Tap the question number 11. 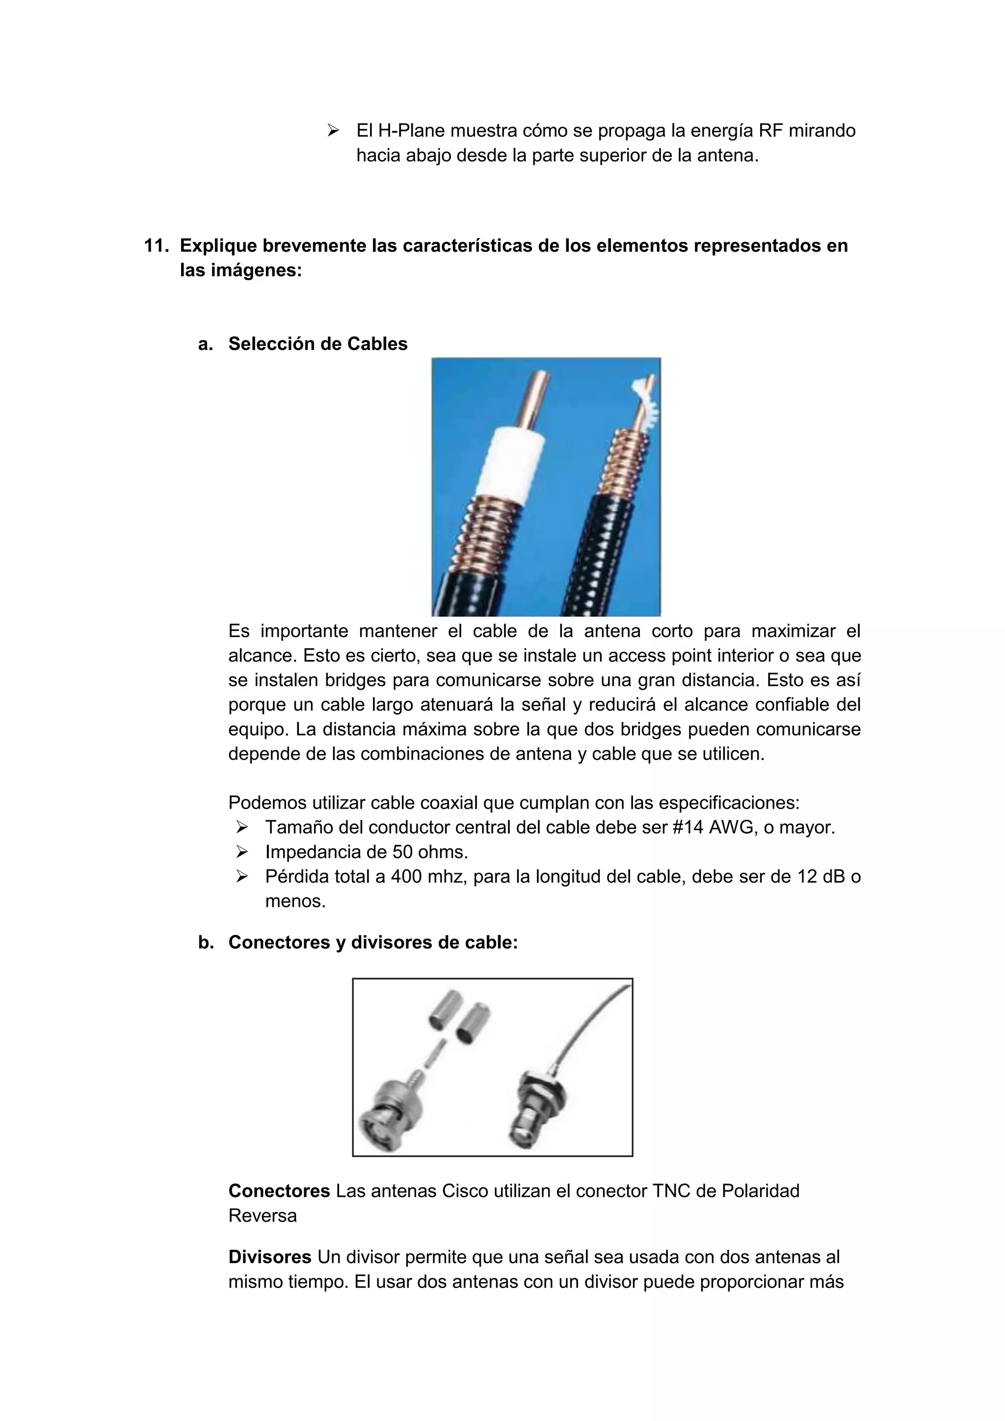(156, 246)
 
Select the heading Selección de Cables (317, 343)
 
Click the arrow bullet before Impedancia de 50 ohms (242, 852)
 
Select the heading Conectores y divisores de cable (372, 943)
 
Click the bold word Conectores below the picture (279, 1191)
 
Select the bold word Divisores (270, 1257)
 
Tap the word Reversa (263, 1215)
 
